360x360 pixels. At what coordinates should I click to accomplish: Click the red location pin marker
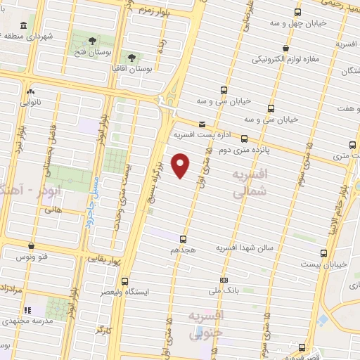pos(181,165)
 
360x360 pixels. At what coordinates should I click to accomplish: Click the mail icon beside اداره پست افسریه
pos(202,123)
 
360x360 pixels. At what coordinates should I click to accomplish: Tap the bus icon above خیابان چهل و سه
pos(298,13)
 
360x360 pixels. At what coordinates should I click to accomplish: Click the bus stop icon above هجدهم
pos(184,238)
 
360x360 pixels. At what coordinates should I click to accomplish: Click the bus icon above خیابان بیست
pos(323,252)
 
